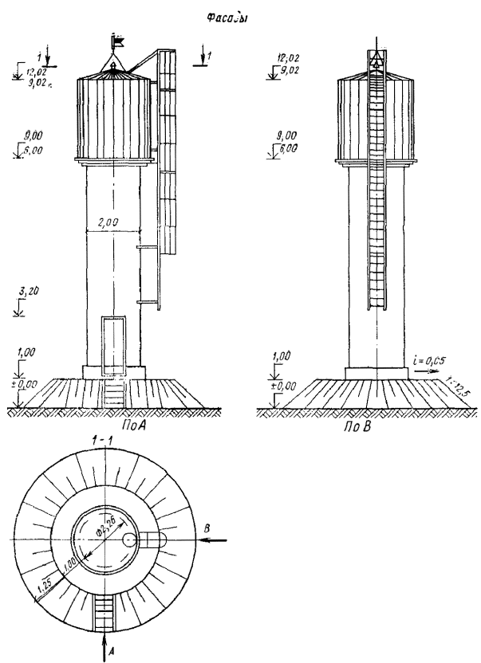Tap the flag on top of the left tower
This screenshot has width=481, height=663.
coord(120,37)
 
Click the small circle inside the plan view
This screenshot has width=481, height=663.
coord(131,540)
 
